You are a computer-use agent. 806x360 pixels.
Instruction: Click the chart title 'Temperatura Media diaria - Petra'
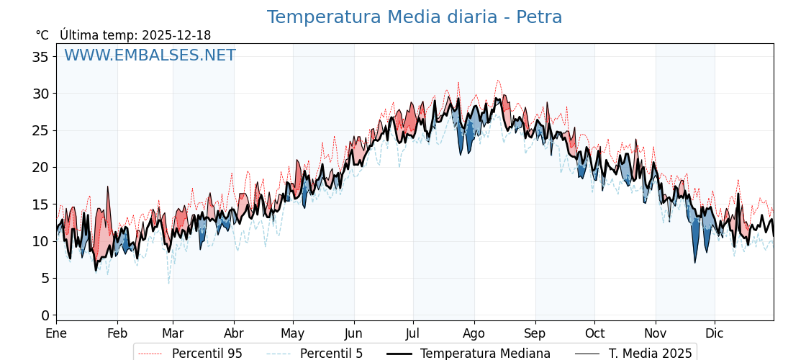[x=415, y=17]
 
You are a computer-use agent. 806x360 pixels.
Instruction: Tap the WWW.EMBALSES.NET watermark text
[x=150, y=55]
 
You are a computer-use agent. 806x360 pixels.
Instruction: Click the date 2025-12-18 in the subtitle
[x=176, y=35]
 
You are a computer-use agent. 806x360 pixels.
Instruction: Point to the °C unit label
[x=42, y=35]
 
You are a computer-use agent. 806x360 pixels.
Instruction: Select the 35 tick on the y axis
[x=40, y=57]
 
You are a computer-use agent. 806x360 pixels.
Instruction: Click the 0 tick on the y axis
[x=45, y=315]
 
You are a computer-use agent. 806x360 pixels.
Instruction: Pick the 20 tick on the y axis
[x=40, y=167]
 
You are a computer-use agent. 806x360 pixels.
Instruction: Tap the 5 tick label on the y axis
[x=45, y=278]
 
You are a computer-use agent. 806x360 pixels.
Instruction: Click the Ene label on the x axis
[x=56, y=334]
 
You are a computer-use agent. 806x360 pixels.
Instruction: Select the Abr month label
[x=234, y=334]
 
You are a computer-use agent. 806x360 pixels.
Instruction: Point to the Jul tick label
[x=413, y=334]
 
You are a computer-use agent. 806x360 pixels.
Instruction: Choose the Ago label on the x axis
[x=474, y=334]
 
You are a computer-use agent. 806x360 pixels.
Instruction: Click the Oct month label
[x=594, y=334]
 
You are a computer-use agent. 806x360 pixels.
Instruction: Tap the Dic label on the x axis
[x=715, y=334]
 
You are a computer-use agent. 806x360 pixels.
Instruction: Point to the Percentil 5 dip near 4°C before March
[x=169, y=282]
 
